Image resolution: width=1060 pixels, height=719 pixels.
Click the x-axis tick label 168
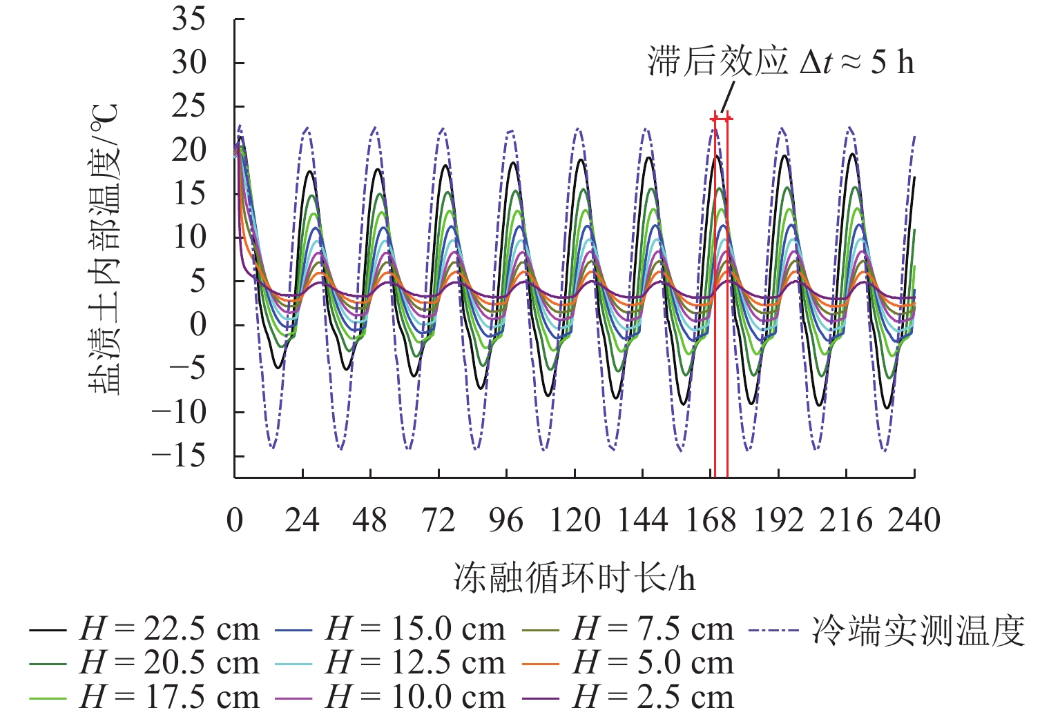[711, 520]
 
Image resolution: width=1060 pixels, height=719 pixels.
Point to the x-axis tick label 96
[506, 520]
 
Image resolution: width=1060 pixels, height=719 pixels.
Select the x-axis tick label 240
[914, 520]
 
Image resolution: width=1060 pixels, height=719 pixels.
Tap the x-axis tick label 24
[302, 520]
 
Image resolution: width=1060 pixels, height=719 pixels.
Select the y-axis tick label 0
[198, 324]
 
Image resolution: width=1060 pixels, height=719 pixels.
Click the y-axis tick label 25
[189, 106]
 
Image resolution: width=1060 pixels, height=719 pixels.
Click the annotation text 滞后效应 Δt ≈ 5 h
[780, 62]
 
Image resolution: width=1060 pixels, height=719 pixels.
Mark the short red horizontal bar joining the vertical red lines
[722, 119]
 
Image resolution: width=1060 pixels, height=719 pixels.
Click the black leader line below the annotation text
[728, 97]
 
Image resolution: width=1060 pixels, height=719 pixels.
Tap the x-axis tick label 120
[574, 520]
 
